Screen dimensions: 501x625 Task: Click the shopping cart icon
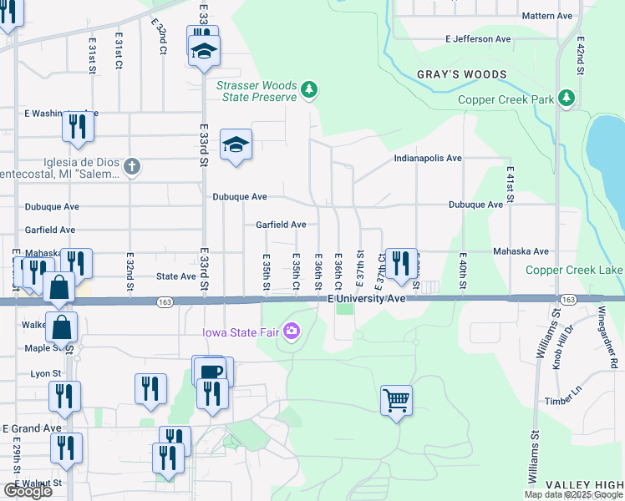(396, 400)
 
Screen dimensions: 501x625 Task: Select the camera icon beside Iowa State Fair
(292, 331)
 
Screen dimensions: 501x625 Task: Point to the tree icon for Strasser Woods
(309, 89)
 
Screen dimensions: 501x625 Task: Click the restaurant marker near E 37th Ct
(401, 263)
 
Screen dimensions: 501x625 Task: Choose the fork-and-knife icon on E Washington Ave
(78, 127)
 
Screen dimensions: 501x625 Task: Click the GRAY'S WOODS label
(462, 74)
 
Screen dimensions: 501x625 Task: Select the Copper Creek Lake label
(574, 270)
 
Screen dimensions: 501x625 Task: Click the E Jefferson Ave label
(478, 39)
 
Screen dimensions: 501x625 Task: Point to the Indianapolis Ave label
(428, 158)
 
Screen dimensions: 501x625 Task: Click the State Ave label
(176, 276)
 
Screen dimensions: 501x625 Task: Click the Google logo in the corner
(28, 491)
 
